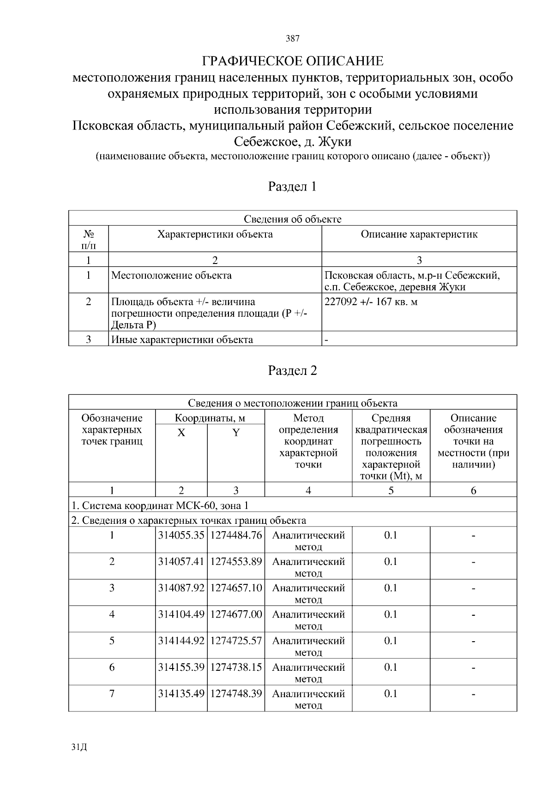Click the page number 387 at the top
point(292,39)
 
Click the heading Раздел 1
point(292,186)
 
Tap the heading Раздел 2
point(292,371)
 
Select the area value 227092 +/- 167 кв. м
point(371,302)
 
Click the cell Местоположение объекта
point(171,276)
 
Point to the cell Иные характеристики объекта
point(182,340)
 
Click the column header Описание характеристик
point(419,234)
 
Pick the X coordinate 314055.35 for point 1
point(181,536)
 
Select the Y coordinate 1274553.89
point(236,562)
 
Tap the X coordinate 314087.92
point(181,589)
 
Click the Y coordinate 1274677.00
point(236,615)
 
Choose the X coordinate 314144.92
point(181,641)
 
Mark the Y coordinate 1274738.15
point(236,668)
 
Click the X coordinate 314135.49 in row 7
point(181,694)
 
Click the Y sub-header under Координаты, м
point(236,433)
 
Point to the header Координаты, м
point(210,418)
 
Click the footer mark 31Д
point(79,748)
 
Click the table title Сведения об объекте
point(292,219)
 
